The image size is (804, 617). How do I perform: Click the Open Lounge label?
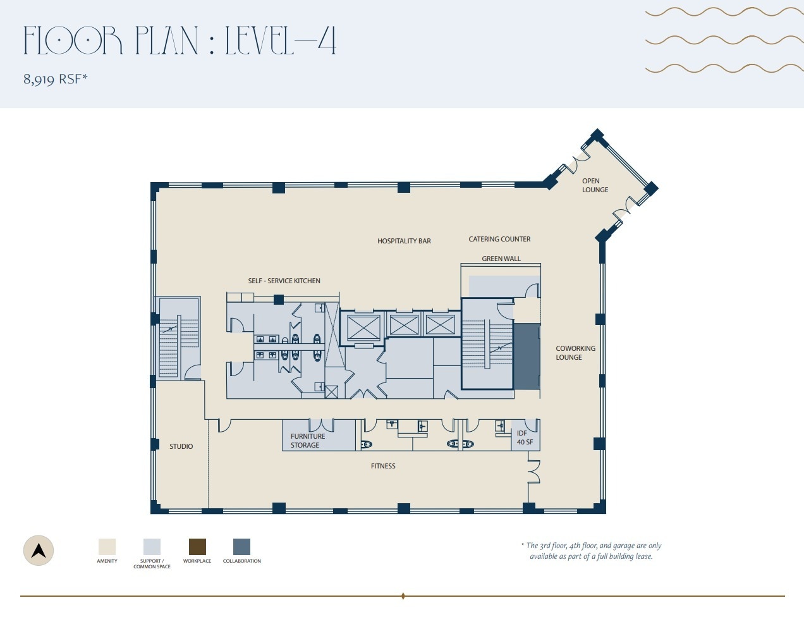tap(595, 185)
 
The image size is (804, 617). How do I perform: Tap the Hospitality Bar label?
tap(404, 241)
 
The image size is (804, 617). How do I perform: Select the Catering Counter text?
tap(499, 239)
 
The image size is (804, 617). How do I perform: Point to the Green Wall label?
tap(501, 259)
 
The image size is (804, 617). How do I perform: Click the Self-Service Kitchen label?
tap(284, 281)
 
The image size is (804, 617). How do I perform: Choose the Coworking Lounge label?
tap(575, 353)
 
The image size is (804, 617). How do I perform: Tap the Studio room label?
tap(181, 446)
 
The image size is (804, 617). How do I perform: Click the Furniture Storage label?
tap(307, 441)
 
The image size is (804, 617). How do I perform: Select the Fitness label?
tap(383, 466)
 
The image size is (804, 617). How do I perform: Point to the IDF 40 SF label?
tap(524, 437)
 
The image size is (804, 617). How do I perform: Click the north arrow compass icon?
tap(39, 550)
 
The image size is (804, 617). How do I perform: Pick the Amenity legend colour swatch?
tap(107, 547)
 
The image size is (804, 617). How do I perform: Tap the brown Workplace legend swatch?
tap(197, 547)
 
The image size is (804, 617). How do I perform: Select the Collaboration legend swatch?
tap(241, 547)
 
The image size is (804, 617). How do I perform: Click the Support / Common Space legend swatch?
tap(152, 547)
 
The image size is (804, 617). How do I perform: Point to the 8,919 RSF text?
tap(56, 79)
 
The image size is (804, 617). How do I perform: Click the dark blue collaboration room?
tap(526, 357)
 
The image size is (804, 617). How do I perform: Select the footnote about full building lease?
tap(592, 551)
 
